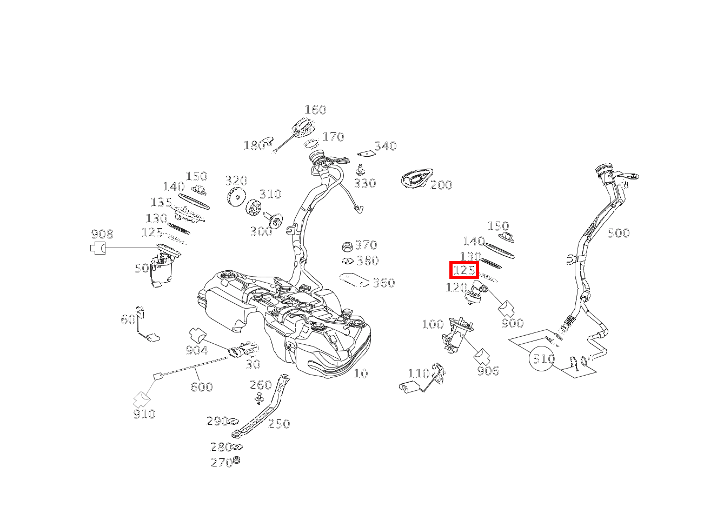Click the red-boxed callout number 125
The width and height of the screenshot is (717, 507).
point(464,270)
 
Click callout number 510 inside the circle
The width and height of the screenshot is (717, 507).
point(543,359)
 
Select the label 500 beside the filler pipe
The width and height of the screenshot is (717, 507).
point(618,233)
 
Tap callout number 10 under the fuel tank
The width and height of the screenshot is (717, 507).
point(361,373)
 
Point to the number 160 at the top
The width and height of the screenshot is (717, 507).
point(315,110)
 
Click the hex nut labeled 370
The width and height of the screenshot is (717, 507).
point(348,247)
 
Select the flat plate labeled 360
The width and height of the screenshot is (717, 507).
point(354,279)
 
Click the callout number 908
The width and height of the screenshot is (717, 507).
point(102,234)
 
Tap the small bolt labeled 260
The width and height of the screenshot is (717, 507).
point(259,399)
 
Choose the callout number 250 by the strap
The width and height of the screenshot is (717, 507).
point(279,424)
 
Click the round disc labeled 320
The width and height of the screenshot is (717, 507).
point(236,198)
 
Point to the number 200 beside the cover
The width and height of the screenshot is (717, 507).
point(441,185)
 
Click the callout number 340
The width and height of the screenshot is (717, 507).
point(386,146)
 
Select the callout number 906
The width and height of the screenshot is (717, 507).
point(488,371)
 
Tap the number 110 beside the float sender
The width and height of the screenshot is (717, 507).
point(419,373)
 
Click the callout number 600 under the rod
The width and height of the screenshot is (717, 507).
point(201,386)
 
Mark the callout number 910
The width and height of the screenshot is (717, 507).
point(144,414)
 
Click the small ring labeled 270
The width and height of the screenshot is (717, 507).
point(236,461)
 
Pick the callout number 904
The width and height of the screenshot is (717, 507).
point(197,350)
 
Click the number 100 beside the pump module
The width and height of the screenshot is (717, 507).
point(433,324)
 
